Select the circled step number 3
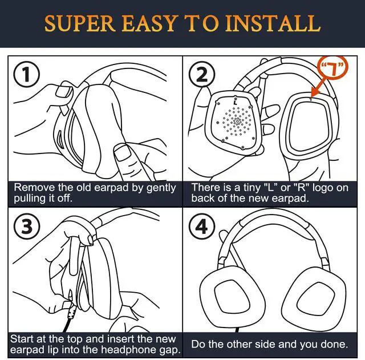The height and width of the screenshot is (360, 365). tap(23, 228)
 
